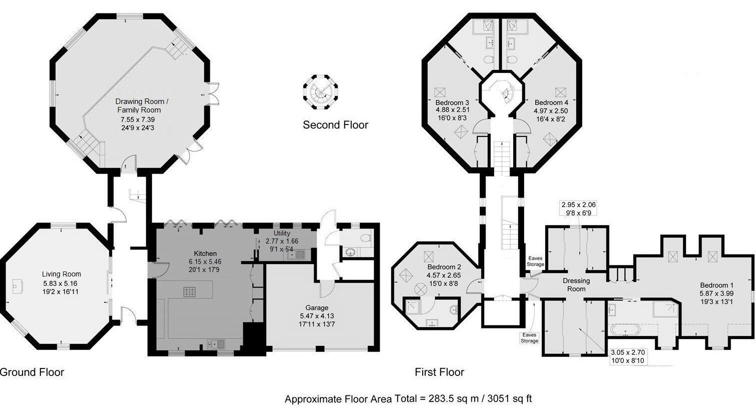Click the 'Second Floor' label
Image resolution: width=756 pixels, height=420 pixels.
coord(335,125)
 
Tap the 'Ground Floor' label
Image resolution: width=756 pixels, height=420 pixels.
coord(31,372)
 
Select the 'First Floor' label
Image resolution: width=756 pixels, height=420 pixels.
coord(439,372)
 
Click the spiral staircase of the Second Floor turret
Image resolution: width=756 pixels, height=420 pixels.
coord(320,92)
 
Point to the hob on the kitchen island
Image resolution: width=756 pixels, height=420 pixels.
coord(190,291)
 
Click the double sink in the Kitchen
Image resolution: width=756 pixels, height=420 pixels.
coord(216,343)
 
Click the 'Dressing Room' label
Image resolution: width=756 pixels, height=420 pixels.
coord(576,284)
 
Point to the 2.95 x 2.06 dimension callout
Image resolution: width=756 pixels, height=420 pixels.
coord(578,204)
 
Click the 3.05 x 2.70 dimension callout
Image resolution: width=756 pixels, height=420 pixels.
coord(628,352)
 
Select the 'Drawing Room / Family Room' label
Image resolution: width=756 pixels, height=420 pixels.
coord(138,105)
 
